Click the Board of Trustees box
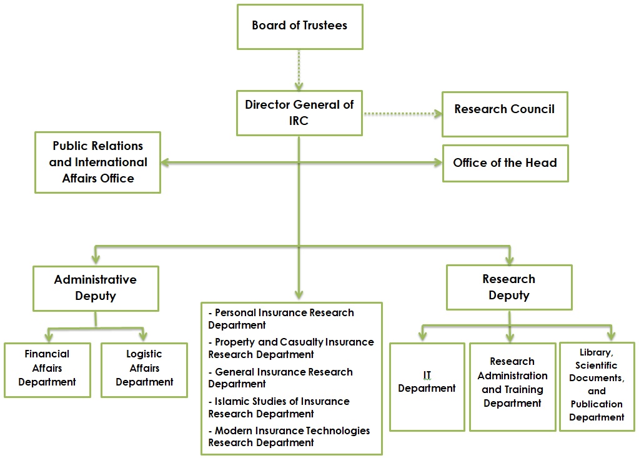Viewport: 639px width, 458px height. point(300,26)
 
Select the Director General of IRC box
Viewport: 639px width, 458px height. point(299,112)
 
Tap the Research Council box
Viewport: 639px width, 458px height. point(505,114)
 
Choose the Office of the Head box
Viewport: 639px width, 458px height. point(505,163)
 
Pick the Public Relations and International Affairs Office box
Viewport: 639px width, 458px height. point(98,162)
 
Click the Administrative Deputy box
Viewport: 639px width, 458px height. point(96,288)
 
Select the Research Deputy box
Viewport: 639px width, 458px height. point(509,287)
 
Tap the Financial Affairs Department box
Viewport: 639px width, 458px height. point(47,369)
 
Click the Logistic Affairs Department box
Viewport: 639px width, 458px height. point(144,369)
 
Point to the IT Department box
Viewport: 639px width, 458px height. point(427,386)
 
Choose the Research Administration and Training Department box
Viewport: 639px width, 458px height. point(512,386)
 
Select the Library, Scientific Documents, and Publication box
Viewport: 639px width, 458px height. point(597,386)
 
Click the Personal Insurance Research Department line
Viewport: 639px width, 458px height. point(281,319)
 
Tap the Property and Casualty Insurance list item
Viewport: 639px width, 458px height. point(291,348)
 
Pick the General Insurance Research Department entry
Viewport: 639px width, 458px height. point(280,377)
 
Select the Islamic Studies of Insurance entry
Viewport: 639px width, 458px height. point(279,407)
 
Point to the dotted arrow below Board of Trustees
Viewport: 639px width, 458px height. point(299,70)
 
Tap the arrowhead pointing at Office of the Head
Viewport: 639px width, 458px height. point(437,163)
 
